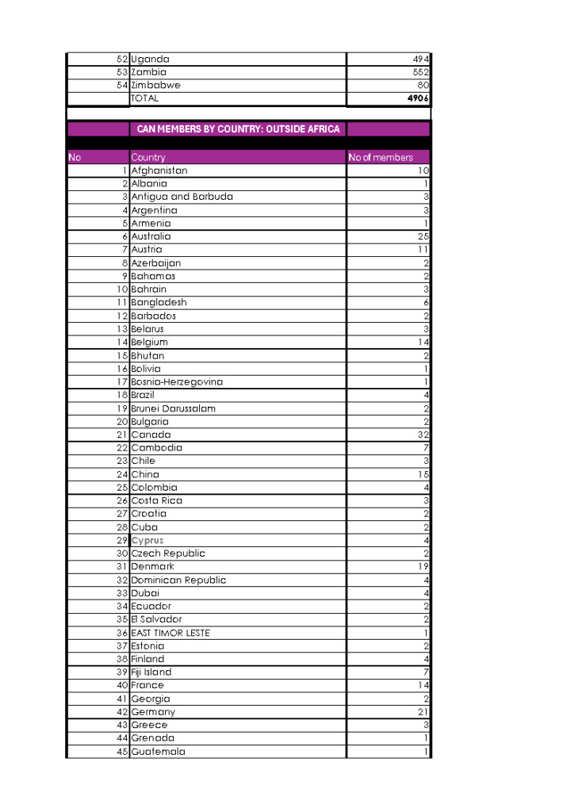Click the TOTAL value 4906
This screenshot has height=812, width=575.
[417, 99]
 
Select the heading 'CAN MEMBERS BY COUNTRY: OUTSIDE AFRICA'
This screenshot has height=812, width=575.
[238, 129]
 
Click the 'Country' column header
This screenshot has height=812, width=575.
[148, 158]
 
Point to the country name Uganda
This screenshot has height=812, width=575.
[150, 59]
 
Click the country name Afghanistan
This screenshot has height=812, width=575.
[159, 170]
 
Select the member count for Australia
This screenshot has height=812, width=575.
[423, 236]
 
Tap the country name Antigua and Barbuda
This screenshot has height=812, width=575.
[182, 197]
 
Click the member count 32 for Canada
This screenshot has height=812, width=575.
[423, 435]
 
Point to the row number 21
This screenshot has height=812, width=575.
[122, 435]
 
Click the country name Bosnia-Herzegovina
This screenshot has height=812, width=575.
[177, 381]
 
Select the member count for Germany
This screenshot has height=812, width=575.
[423, 712]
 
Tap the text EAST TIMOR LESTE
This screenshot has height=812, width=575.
[171, 633]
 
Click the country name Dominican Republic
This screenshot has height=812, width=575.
[178, 580]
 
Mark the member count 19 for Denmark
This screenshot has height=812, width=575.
[423, 567]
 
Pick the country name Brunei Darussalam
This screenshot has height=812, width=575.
[173, 408]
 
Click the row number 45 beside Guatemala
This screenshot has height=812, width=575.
[122, 752]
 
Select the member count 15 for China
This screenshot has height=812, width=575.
[423, 474]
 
